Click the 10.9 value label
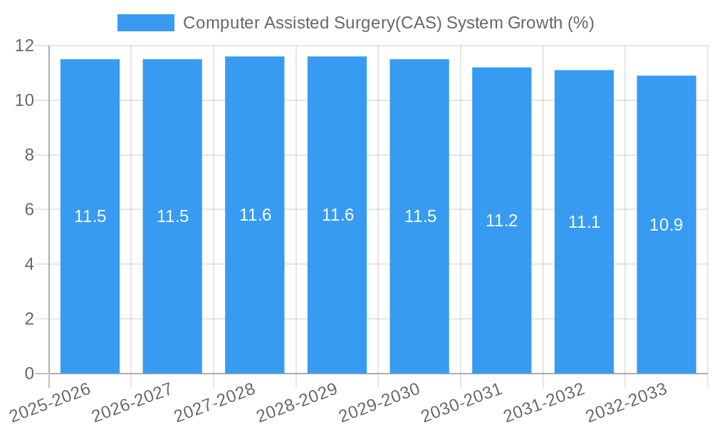coord(666,225)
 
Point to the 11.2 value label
coord(502,221)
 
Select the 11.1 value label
coord(584,222)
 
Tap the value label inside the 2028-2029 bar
coord(337,215)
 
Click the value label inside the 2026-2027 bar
coord(172,216)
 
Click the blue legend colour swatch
coord(146,23)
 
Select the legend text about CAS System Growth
coord(389,23)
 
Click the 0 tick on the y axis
coord(29,374)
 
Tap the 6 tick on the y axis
coord(29,210)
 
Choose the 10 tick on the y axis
coord(25,100)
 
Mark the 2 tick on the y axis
coord(29,319)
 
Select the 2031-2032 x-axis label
coord(545,402)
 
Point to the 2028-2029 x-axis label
coord(298,402)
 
